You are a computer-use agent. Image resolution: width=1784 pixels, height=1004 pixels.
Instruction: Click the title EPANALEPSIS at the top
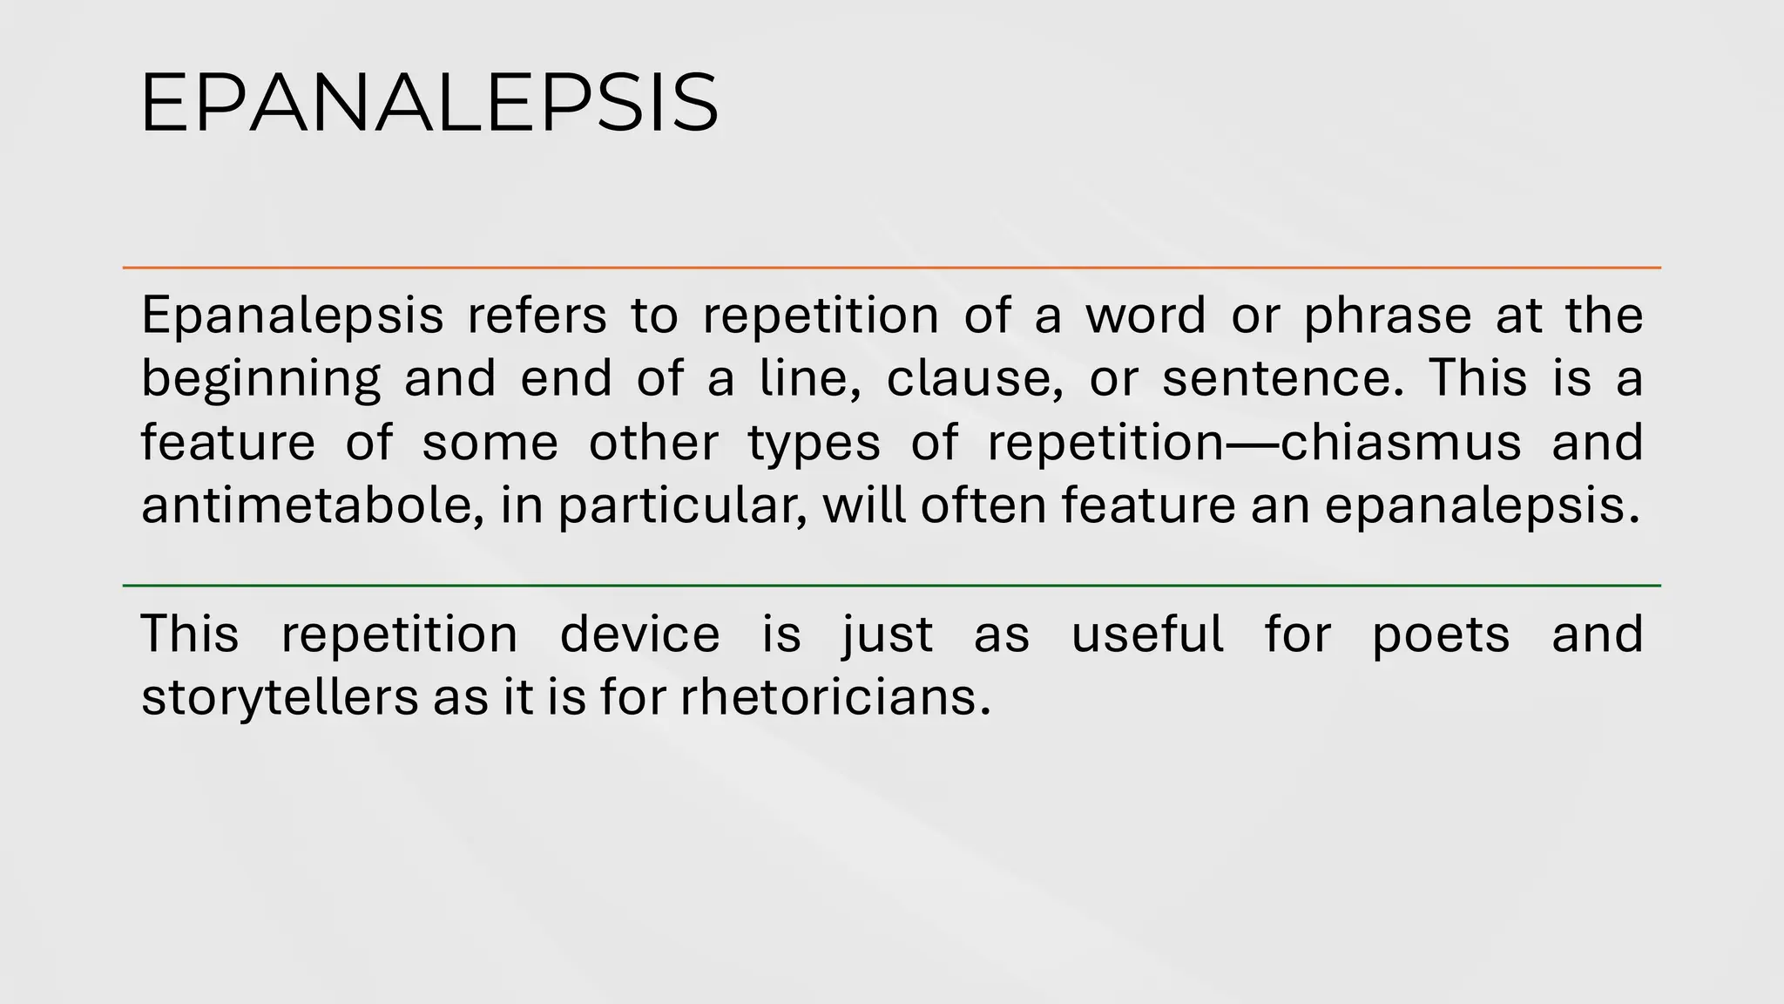point(429,104)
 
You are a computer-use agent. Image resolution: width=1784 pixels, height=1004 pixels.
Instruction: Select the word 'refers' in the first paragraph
point(537,315)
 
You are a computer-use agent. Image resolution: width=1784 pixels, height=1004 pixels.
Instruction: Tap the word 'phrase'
point(1388,315)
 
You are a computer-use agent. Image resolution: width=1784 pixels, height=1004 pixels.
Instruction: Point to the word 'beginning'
point(261,380)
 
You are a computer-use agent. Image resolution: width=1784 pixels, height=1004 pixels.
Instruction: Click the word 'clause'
point(974,379)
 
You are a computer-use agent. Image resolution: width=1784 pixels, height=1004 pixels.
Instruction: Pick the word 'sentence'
point(1282,379)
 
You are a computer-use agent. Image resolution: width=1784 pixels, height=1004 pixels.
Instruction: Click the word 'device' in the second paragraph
point(640,634)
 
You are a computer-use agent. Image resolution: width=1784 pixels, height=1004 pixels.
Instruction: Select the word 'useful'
point(1147,634)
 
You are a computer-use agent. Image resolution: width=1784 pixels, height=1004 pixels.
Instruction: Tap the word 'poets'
point(1441,634)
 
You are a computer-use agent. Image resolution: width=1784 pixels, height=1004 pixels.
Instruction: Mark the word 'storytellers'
point(280,698)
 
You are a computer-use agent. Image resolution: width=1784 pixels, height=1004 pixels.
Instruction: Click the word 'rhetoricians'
point(835,698)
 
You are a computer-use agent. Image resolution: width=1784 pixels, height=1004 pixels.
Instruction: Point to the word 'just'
point(888,634)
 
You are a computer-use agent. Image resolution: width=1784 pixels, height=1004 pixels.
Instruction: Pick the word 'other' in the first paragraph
point(653,443)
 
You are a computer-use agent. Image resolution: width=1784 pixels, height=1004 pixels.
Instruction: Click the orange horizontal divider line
point(891,268)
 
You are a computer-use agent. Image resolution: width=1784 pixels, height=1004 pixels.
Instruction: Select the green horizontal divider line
point(891,586)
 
